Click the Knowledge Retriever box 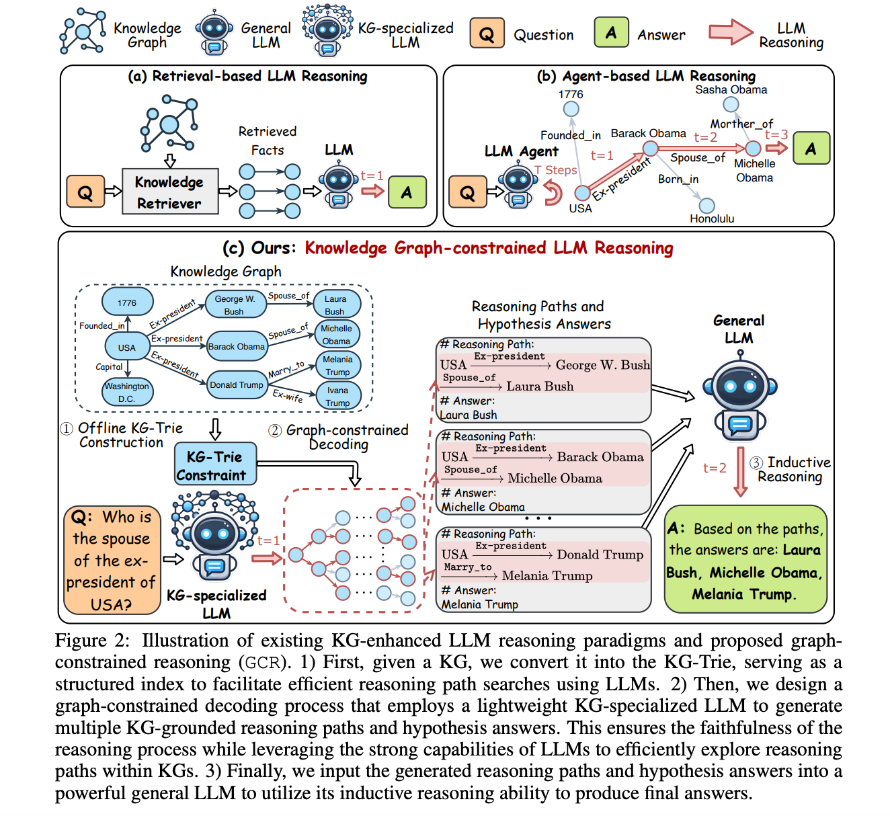pos(170,192)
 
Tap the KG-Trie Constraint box pos(215,463)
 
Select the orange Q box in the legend pos(487,33)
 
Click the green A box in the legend pos(611,32)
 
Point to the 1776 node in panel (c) pos(127,302)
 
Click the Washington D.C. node pos(127,393)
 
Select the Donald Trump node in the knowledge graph pos(237,384)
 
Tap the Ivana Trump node pos(337,397)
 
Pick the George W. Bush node pos(235,304)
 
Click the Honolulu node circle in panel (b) pos(706,206)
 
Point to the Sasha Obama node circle pos(731,105)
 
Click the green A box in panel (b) pos(811,148)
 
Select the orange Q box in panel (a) pos(85,192)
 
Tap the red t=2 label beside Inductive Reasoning pos(715,468)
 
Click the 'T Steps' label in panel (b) pos(555,170)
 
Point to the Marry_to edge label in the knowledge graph pos(286,369)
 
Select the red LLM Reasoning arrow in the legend pos(731,32)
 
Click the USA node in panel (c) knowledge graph pos(127,347)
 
